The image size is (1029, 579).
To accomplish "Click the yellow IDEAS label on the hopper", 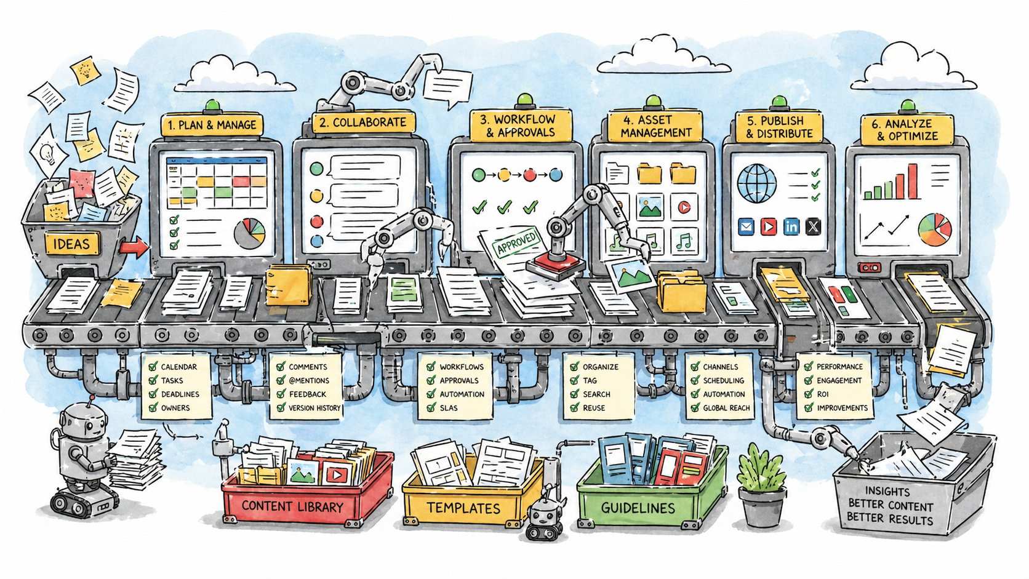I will tap(71, 244).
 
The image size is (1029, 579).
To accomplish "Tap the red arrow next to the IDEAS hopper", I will tap(134, 247).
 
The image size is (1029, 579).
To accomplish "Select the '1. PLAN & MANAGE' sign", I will tap(211, 125).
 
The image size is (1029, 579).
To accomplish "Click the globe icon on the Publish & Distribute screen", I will tap(756, 183).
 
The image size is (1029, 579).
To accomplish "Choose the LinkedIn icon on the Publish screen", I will tap(791, 226).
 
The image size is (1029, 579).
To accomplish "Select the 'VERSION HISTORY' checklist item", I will tap(314, 408).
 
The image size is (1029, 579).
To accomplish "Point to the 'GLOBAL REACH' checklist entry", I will tap(726, 408).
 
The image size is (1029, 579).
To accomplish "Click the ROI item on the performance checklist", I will tap(823, 394).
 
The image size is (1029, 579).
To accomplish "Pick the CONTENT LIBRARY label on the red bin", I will tap(292, 506).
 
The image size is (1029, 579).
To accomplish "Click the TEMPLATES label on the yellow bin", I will tap(463, 508).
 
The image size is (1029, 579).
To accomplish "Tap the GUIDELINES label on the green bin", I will tap(638, 508).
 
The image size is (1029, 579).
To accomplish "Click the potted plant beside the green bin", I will tap(762, 486).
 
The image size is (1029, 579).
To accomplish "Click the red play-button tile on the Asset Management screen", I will tap(683, 207).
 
